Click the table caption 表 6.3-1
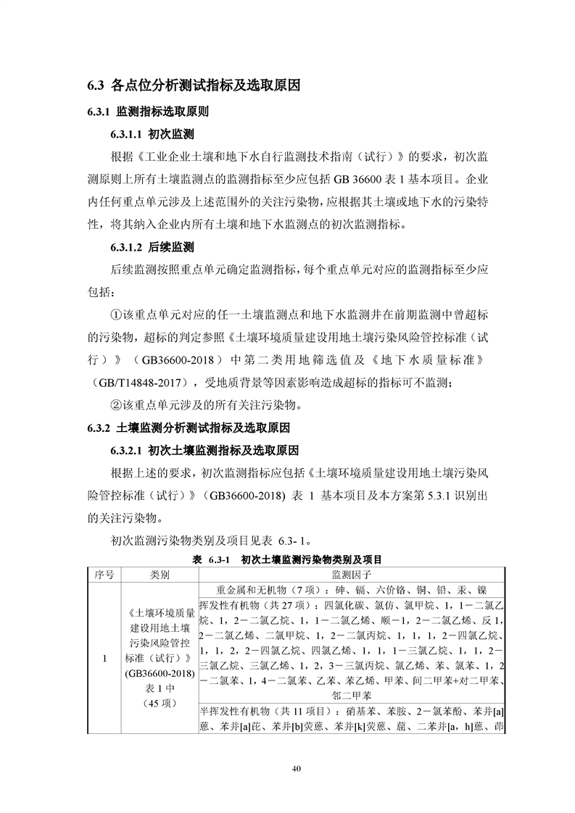(211, 560)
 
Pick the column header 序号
(104, 575)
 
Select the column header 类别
(160, 575)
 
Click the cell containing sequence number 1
(104, 659)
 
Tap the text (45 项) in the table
(160, 703)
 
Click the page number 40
(287, 768)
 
